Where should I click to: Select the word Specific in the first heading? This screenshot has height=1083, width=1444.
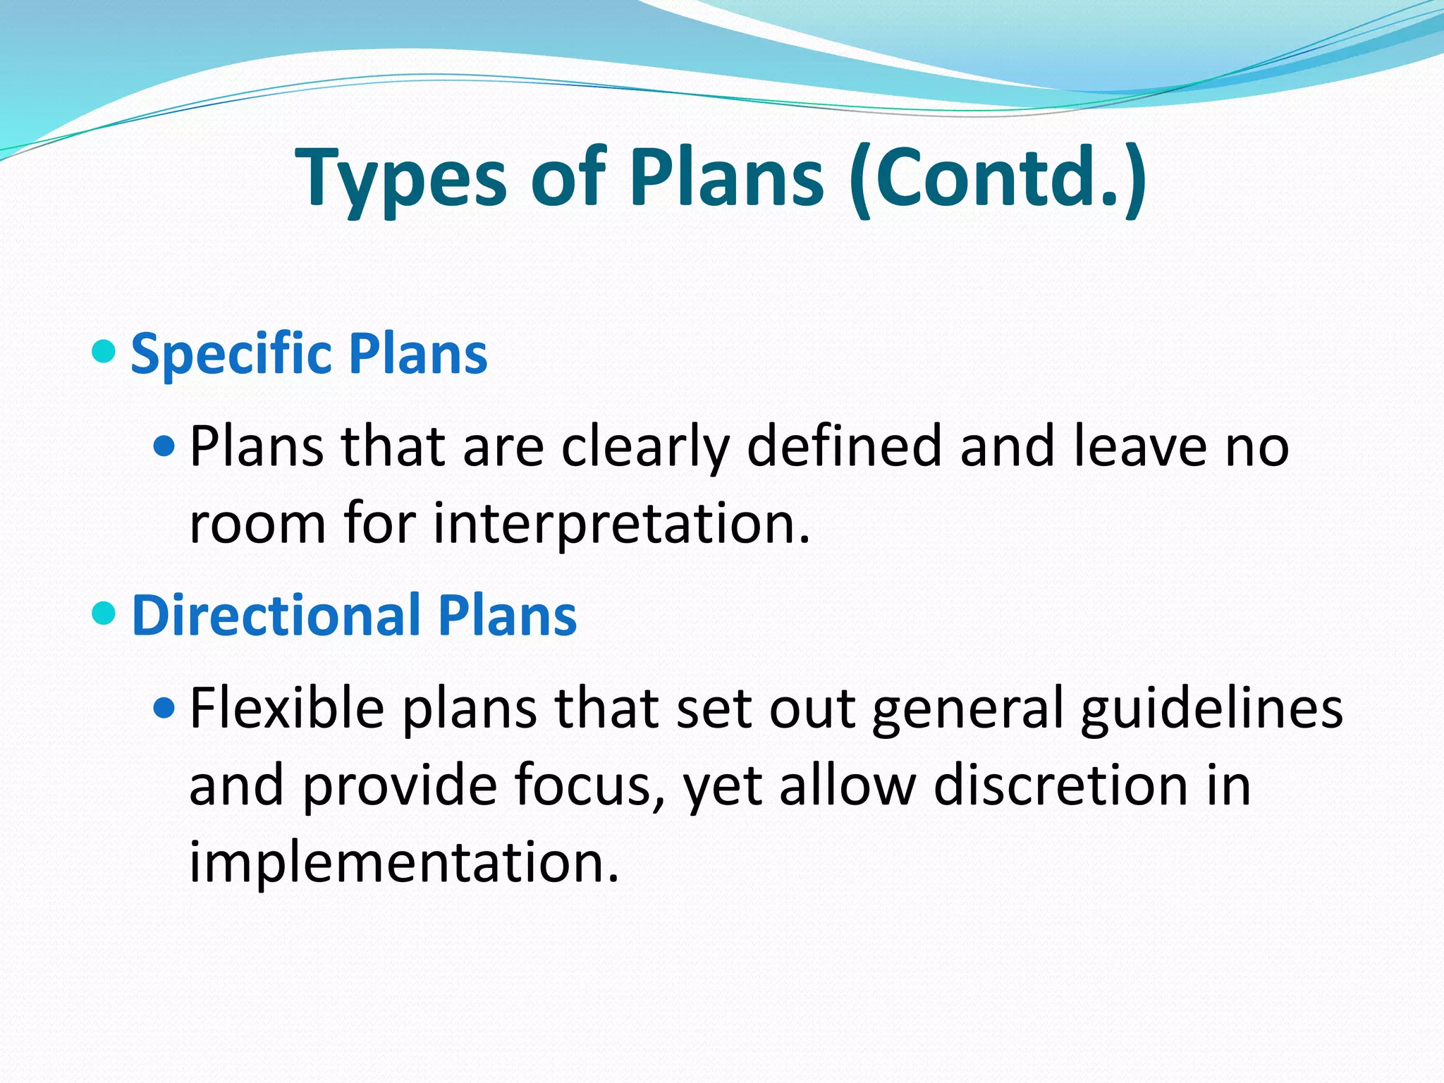click(231, 353)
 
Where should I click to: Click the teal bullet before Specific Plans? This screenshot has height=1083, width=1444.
click(104, 350)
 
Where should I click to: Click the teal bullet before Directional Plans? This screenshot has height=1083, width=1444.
click(104, 612)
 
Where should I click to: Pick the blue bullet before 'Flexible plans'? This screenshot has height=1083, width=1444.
click(164, 707)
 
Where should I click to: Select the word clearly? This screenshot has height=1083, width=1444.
click(644, 446)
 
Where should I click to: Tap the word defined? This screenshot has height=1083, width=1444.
click(844, 446)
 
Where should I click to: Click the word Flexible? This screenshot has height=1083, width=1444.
click(287, 708)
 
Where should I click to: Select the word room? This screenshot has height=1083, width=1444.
click(258, 525)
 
